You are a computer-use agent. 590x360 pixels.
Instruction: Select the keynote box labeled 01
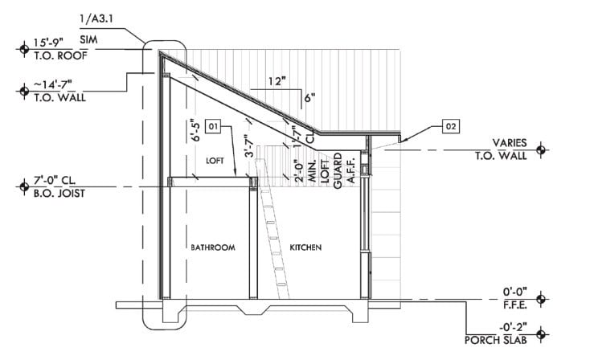(213, 125)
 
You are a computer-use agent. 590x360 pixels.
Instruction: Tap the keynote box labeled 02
(451, 125)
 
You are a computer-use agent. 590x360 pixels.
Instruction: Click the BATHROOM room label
(212, 247)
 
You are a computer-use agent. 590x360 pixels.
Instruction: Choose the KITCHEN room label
(305, 247)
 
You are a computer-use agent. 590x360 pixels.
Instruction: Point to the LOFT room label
(215, 161)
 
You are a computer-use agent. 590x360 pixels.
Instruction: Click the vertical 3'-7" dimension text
(251, 145)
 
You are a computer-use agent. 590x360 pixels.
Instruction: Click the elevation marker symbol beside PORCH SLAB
(541, 331)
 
